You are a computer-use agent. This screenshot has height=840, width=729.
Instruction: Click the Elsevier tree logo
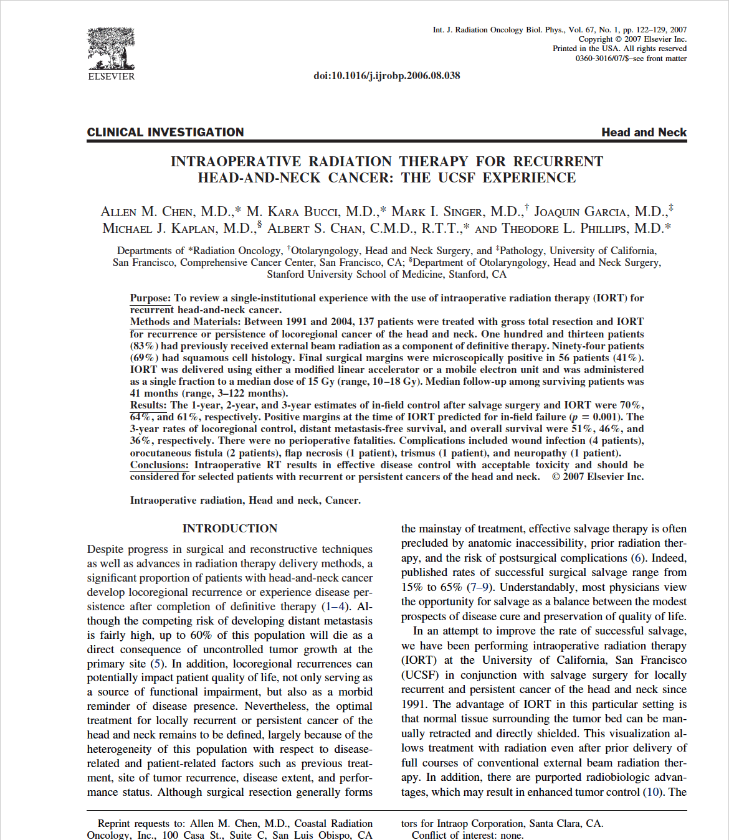(111, 49)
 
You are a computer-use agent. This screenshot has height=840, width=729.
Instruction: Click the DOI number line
(386, 76)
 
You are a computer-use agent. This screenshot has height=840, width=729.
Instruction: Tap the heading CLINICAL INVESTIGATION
(165, 132)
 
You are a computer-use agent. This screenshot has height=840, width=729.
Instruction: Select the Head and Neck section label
(644, 132)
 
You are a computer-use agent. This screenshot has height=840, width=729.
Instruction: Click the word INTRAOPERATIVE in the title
(236, 162)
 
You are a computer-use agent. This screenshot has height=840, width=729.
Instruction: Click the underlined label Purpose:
(150, 298)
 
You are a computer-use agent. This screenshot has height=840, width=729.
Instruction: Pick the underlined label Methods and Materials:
(185, 322)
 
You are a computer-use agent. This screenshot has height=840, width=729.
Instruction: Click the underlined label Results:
(149, 405)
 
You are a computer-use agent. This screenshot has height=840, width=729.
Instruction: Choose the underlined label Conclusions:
(159, 465)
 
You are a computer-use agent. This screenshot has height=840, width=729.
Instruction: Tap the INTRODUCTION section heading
(229, 529)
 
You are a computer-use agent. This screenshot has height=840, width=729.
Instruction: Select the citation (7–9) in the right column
(479, 587)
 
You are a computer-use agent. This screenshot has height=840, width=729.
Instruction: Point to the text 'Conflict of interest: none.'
(467, 835)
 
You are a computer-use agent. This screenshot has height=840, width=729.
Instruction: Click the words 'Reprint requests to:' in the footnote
(142, 823)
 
